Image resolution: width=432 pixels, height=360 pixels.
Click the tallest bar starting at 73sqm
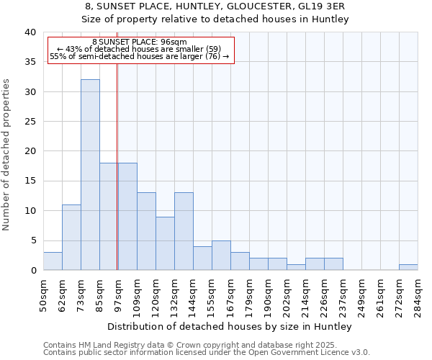point(90,175)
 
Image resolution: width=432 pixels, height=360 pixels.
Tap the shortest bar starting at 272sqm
point(408,267)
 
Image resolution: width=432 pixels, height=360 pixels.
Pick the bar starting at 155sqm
point(221,256)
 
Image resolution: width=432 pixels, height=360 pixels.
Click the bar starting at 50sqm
point(53,261)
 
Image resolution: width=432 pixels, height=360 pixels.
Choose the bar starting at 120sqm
point(165,243)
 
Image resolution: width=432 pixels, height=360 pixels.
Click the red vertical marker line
point(117,166)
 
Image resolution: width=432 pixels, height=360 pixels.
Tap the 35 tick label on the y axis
point(30,62)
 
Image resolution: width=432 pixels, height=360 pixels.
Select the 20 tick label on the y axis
point(30,151)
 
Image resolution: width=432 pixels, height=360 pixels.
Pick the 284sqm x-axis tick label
point(418,297)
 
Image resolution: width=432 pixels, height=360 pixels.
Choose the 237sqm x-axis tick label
point(343,297)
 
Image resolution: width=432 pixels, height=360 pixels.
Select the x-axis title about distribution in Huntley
point(230,327)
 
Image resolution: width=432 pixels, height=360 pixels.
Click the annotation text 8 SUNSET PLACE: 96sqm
point(140,42)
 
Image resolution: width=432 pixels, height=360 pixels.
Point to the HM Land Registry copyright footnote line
point(199,345)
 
